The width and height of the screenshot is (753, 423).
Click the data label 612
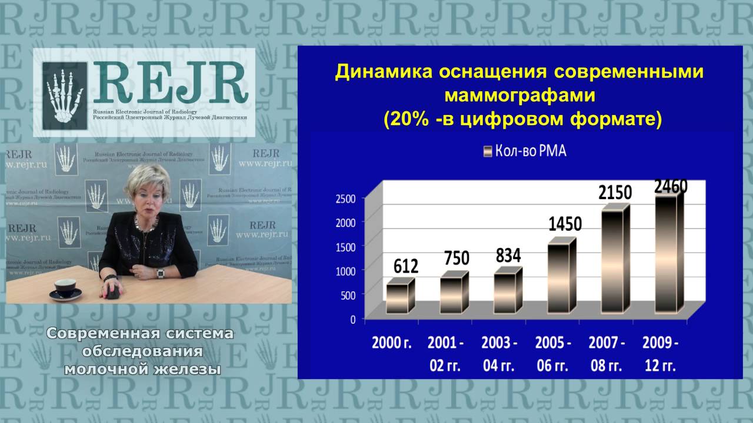point(405,266)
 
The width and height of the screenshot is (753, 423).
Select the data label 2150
point(615,192)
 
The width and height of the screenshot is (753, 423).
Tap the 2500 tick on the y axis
point(346,198)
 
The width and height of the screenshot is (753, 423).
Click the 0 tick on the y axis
point(353,320)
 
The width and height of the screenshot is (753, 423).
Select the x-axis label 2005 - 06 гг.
point(553,354)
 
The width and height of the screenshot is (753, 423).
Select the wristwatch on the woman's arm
point(161,273)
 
